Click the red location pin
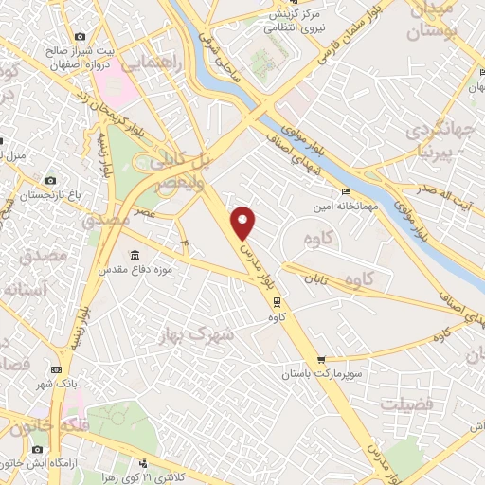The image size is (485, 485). coord(244,220)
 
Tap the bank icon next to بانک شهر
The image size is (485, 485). coord(57,369)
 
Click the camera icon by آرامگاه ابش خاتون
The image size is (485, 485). coord(37,448)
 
